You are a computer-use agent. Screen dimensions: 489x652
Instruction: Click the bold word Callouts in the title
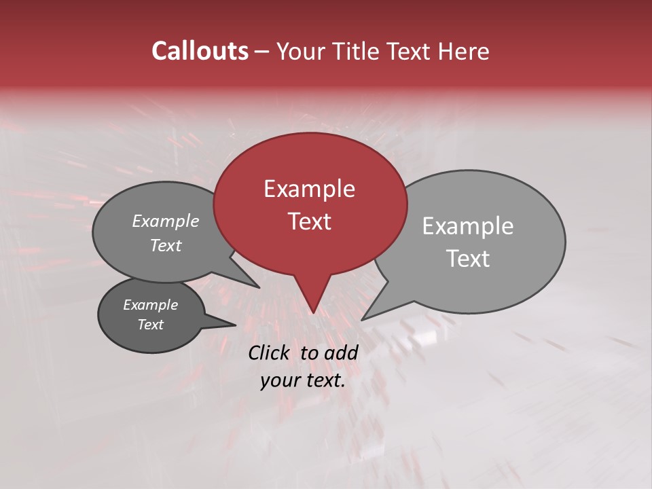tap(200, 51)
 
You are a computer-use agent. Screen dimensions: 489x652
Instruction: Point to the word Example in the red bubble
tap(309, 189)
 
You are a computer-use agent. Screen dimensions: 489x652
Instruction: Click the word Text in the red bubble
tap(309, 221)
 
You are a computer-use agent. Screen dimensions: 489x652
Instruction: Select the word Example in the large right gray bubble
tap(467, 226)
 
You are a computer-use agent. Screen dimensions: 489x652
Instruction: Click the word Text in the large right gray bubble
tap(468, 259)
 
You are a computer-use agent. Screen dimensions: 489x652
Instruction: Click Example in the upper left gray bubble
tap(165, 221)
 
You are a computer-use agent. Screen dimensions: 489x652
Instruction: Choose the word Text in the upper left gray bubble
tap(165, 245)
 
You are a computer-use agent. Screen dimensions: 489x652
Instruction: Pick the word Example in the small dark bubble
tap(150, 305)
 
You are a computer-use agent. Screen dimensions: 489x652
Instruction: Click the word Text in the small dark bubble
tap(150, 325)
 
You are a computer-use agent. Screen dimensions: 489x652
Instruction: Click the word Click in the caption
tap(268, 352)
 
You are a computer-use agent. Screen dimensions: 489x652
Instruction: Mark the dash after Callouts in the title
tap(263, 52)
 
